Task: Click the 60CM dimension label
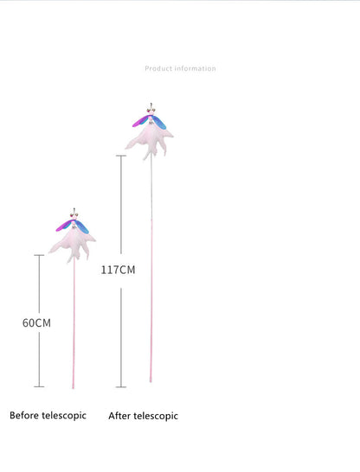[36, 323]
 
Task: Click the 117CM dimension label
[118, 270]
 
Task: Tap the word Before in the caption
[24, 416]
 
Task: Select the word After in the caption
[119, 416]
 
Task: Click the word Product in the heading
[158, 68]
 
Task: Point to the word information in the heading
[195, 68]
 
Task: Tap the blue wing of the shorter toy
[82, 226]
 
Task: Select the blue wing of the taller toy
[159, 122]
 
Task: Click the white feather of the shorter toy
[72, 245]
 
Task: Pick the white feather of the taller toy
[149, 141]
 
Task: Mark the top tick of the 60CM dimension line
[39, 255]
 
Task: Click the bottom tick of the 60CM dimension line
[39, 386]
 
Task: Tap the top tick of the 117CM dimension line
[121, 156]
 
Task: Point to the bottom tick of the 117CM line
[121, 386]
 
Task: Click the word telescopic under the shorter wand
[64, 416]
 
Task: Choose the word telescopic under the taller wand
[156, 416]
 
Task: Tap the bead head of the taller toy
[151, 110]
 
